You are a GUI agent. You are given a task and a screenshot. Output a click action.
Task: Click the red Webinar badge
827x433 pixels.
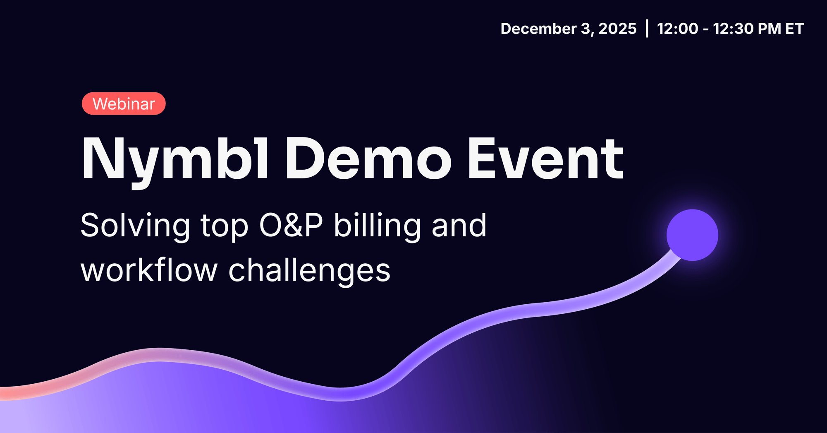(x=124, y=103)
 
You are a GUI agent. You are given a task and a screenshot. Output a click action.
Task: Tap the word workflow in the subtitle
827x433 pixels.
(x=149, y=270)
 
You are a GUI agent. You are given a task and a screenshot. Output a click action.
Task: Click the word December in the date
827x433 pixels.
(x=539, y=29)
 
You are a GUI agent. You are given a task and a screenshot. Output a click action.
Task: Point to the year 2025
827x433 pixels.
(x=617, y=29)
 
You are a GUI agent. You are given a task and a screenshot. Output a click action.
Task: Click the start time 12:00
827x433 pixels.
(x=677, y=29)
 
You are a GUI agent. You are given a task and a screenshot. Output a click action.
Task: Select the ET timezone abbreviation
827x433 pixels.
(x=794, y=29)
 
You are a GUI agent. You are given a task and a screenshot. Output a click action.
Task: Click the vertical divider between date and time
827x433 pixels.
(x=647, y=29)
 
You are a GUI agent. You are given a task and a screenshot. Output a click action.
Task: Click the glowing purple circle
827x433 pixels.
(x=692, y=235)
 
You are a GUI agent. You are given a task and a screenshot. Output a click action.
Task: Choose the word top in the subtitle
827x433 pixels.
(x=225, y=227)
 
